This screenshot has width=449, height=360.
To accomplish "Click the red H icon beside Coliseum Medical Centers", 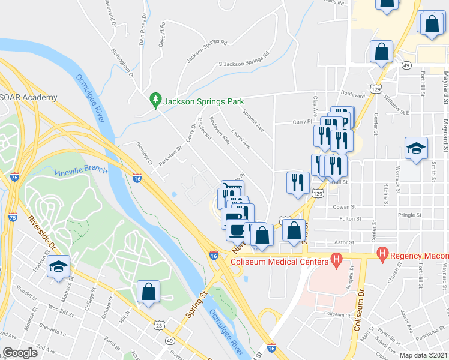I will point(336,260).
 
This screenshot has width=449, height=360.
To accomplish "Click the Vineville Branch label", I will point(80,172).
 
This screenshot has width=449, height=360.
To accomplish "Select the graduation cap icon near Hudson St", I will point(58,266).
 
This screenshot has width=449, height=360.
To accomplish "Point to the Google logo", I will point(20,353).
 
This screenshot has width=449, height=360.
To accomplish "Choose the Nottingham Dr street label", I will point(122,62).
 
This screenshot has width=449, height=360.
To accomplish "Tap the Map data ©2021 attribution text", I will point(423,355).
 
